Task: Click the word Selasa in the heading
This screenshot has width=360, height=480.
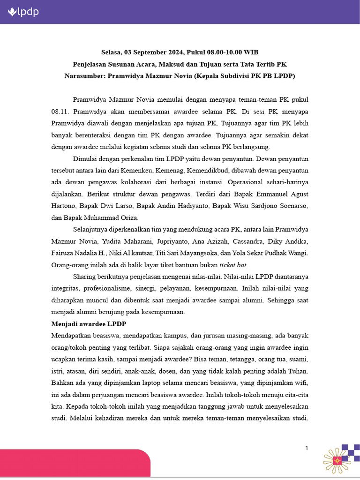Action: [112, 52]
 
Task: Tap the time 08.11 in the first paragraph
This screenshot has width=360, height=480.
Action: [60, 112]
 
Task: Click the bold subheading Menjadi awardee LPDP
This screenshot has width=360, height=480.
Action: [88, 324]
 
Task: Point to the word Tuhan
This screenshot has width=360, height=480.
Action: [299, 371]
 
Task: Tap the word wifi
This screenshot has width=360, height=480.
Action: [301, 383]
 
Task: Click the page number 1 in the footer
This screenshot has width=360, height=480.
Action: [307, 448]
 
